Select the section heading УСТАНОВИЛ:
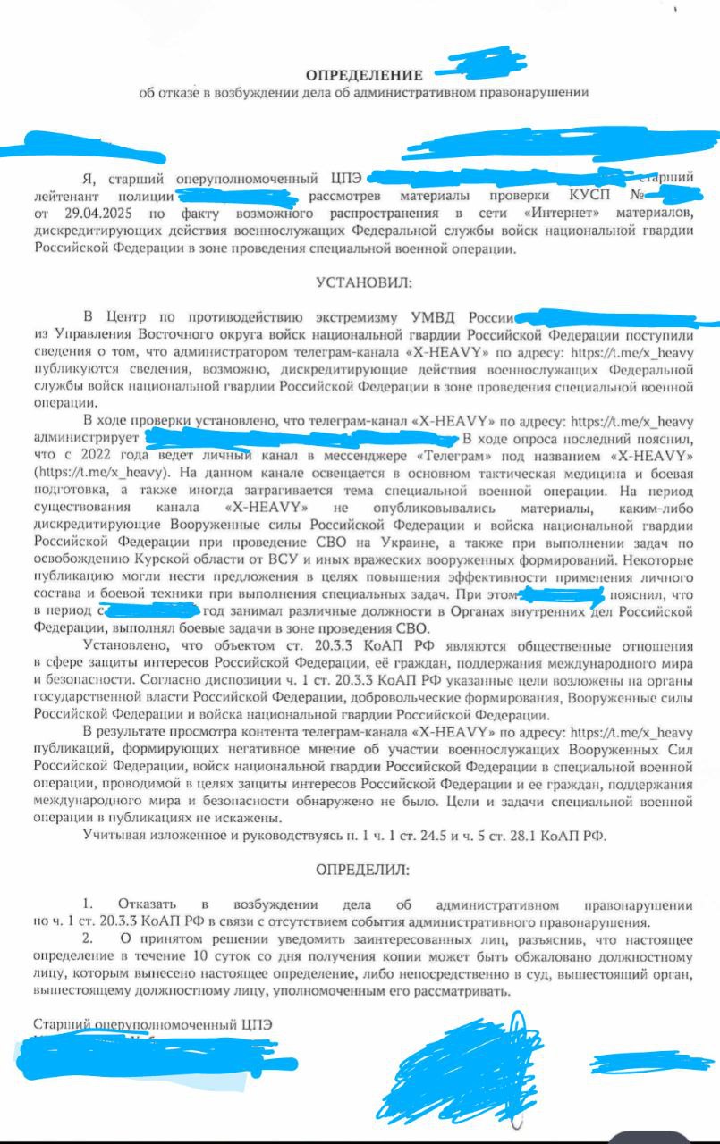pyautogui.click(x=361, y=283)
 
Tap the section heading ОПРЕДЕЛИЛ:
pyautogui.click(x=361, y=869)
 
